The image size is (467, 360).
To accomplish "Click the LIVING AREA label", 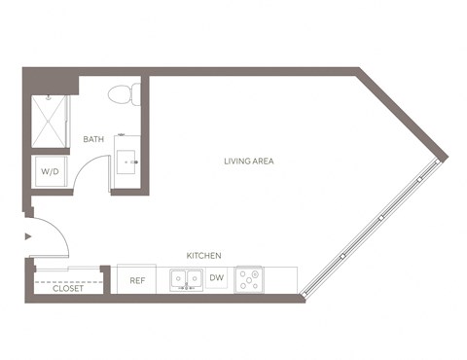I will click(248, 161).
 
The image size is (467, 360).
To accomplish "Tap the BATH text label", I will click(93, 139).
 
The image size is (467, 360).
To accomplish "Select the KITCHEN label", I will click(204, 255).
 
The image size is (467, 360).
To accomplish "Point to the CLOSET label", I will click(67, 288).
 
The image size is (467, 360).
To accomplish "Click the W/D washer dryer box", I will click(49, 172).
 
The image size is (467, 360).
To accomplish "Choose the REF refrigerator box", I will click(136, 280).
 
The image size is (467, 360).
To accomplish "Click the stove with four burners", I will click(250, 280).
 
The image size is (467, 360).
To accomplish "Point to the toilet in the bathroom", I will click(125, 93).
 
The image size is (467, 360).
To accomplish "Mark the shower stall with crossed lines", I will click(50, 121).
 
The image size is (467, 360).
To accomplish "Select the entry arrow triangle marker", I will click(28, 234).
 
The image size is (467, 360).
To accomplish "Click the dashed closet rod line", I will click(67, 280).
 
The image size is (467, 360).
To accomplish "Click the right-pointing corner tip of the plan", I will click(446, 158).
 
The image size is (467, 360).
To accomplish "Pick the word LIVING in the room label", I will click(235, 161).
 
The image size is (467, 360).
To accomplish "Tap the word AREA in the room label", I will click(263, 161).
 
